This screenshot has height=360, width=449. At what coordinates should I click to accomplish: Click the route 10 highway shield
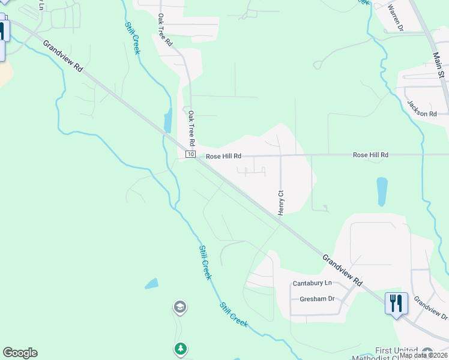point(190,155)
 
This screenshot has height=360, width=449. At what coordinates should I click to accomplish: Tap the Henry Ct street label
point(280,202)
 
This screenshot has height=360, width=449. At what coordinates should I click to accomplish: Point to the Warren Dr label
point(398,17)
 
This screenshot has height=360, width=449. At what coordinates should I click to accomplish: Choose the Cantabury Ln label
point(312,283)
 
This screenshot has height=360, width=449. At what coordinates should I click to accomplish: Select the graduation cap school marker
point(179,308)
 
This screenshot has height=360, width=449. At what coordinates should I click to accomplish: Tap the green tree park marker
point(181,348)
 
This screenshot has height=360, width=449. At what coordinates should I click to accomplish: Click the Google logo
point(20,353)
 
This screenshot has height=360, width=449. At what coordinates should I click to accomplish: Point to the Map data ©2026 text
point(423,355)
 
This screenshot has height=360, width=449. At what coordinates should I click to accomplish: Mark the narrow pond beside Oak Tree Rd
point(168,120)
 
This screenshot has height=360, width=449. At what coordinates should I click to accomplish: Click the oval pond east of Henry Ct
point(382,191)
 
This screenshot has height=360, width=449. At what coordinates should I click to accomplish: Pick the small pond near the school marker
point(151,283)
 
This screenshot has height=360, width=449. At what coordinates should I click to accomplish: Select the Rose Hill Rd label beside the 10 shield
point(223,156)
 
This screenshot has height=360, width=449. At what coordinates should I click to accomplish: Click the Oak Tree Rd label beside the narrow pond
point(192,128)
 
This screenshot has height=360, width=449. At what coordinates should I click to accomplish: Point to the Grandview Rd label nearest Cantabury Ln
point(343,269)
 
